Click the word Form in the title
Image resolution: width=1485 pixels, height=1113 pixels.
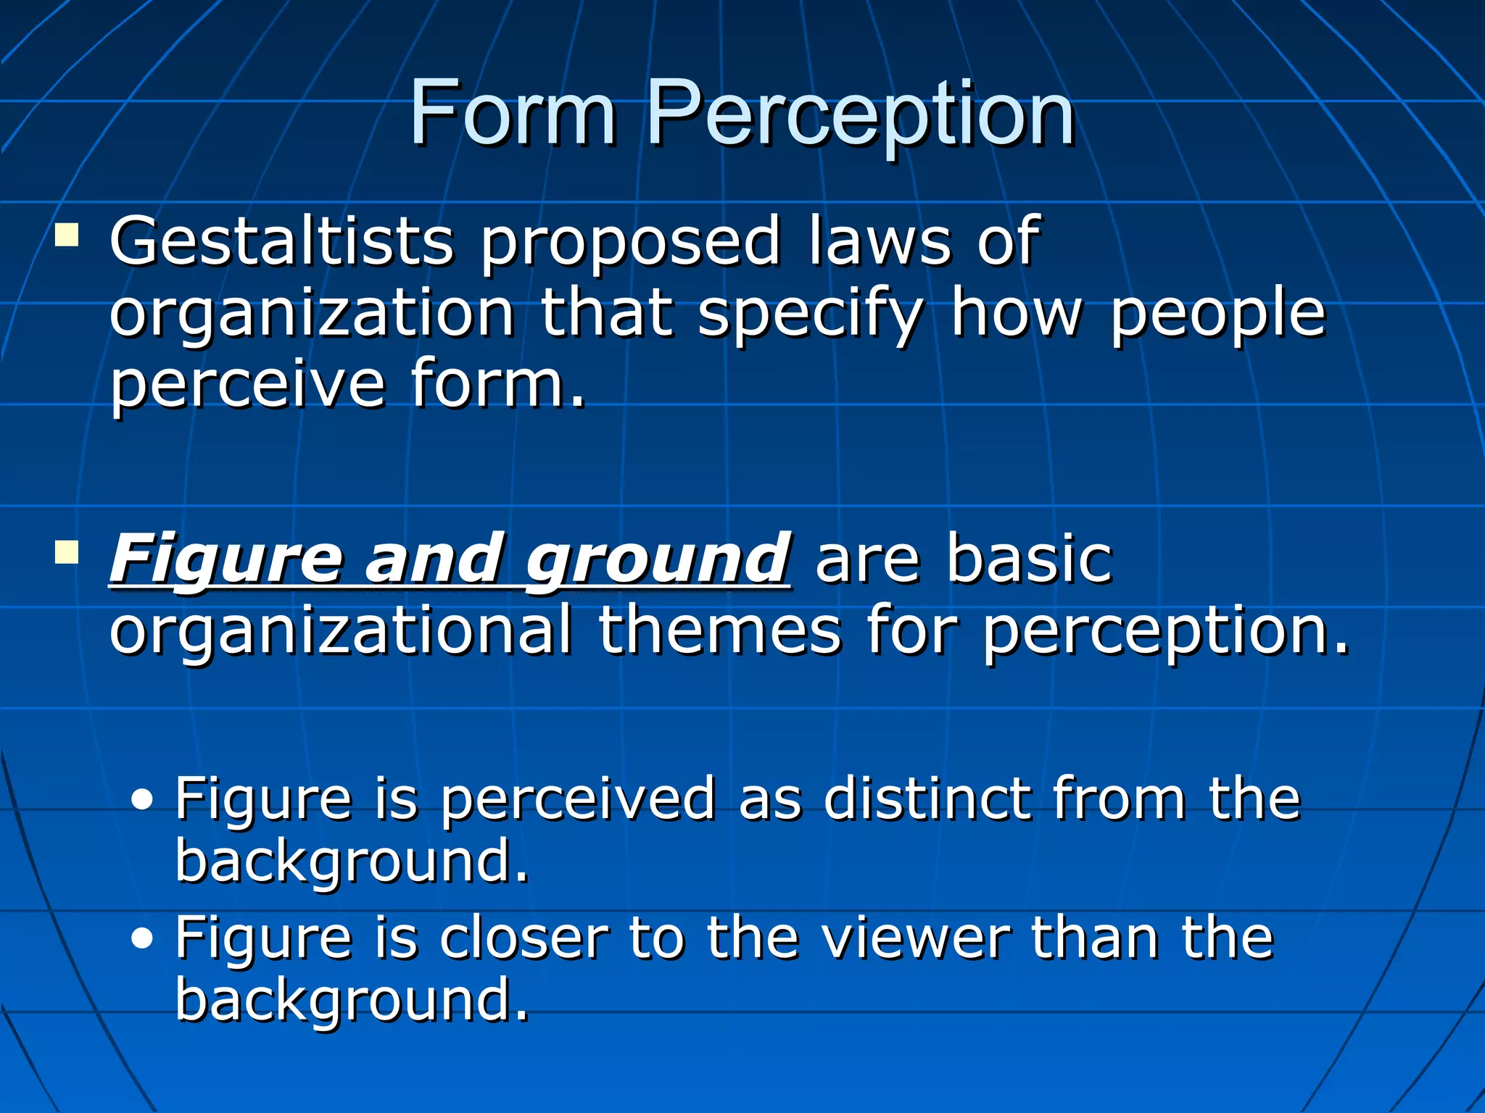512,114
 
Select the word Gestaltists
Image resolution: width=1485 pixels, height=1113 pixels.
281,242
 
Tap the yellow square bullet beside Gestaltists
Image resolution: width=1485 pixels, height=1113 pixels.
67,235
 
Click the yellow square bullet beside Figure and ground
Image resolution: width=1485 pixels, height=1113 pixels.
67,553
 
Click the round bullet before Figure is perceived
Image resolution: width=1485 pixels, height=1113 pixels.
143,801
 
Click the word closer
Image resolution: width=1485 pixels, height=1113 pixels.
524,938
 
